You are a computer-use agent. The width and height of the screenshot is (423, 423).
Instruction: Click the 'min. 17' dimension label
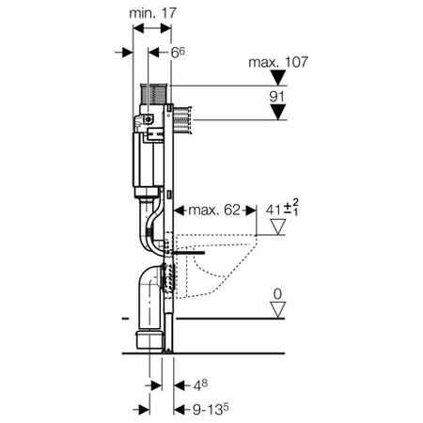[153, 13]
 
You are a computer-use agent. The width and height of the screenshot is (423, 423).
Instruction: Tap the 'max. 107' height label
[278, 62]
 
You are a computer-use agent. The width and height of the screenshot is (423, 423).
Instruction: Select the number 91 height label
[276, 97]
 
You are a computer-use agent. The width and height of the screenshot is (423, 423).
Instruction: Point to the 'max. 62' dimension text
[214, 210]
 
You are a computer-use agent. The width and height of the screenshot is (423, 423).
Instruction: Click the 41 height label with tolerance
[282, 209]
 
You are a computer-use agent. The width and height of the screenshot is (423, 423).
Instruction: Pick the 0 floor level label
[277, 294]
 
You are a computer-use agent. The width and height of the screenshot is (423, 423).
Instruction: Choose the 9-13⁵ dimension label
[211, 409]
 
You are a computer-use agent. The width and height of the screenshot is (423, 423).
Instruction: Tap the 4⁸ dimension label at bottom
[200, 385]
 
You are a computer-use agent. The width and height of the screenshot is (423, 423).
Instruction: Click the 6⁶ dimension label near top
[178, 53]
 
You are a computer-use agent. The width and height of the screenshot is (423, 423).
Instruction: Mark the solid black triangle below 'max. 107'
[278, 77]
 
